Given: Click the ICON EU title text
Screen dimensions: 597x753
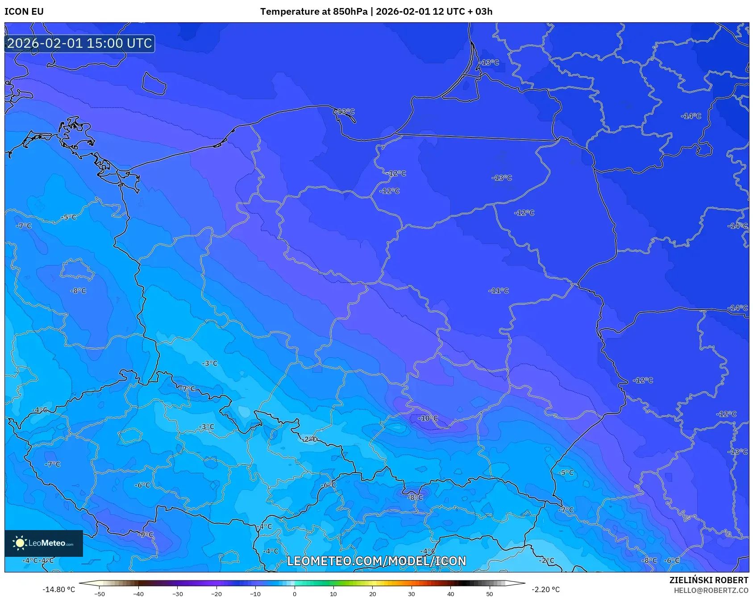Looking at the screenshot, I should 24,12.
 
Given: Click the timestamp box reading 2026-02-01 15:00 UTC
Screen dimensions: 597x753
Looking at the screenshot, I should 79,43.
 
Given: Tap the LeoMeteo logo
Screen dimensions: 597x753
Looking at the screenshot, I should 43,543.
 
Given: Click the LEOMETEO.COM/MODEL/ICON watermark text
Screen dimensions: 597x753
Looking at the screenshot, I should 376,561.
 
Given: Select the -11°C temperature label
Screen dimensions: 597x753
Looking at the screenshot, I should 499,291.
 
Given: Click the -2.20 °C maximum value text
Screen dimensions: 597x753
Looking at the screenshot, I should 545,589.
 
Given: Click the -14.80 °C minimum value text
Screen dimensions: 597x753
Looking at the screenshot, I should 59,589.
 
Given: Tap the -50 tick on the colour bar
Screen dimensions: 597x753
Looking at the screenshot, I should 100,594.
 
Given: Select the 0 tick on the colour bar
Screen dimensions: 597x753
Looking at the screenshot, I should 294,594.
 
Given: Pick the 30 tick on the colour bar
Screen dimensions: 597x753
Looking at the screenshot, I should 411,594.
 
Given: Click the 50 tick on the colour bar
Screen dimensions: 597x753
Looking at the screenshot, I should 489,594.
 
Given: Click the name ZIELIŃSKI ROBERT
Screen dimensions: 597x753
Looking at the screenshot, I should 708,580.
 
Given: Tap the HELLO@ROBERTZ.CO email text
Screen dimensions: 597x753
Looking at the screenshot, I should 711,590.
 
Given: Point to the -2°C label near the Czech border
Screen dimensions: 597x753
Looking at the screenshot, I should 309,439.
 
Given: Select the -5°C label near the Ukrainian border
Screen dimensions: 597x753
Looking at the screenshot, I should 566,473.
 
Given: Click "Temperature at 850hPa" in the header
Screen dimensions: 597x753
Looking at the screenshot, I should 313,12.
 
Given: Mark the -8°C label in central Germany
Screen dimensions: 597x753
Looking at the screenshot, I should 78,291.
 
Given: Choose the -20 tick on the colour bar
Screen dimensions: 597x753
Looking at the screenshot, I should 216,594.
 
